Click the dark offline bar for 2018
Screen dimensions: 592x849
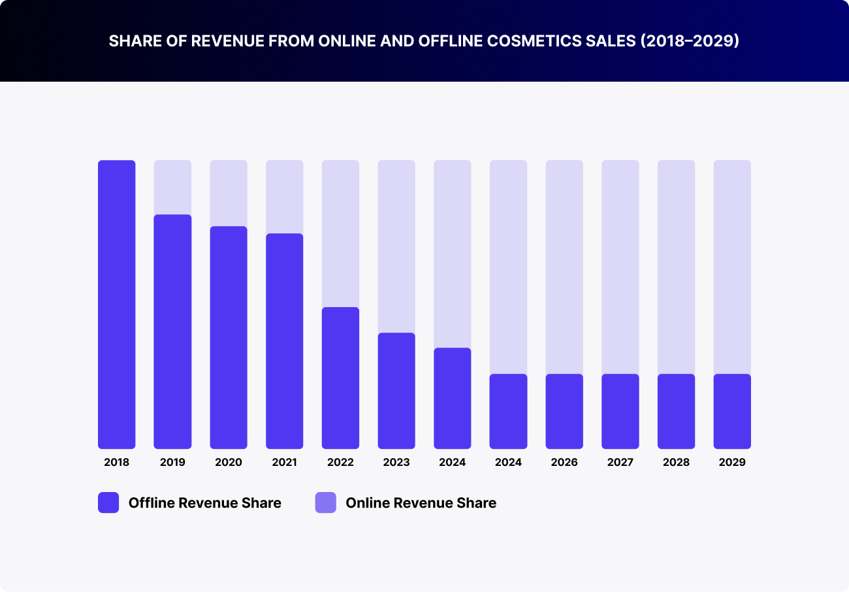[116, 304]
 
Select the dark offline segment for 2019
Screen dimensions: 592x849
[172, 331]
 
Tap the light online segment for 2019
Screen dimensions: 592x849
[172, 187]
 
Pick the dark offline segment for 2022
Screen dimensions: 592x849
[340, 378]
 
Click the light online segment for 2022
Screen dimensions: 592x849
[340, 233]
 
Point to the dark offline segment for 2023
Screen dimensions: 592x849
[396, 391]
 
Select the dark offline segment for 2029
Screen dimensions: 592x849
[732, 411]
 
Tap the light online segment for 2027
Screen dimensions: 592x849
[620, 267]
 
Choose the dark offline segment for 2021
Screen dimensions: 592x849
[284, 341]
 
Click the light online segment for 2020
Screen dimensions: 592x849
[229, 193]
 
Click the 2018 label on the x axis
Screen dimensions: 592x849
[116, 463]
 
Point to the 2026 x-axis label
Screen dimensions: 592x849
[564, 463]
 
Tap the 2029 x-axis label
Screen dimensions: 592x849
[732, 463]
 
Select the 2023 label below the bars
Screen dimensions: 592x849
[396, 463]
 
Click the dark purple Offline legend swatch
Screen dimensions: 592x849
[108, 502]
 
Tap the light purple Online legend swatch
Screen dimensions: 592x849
[325, 502]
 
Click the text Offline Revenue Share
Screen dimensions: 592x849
[204, 502]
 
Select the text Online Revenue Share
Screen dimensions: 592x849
[421, 502]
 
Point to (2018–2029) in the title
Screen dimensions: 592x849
[690, 41]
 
